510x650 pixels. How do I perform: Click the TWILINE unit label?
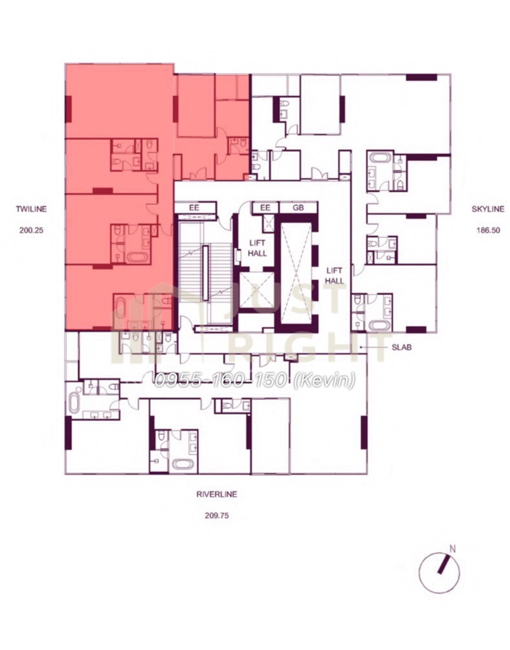[x=31, y=209]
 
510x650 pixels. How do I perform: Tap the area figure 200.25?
[x=31, y=230]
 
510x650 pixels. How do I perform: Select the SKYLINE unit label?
[x=488, y=209]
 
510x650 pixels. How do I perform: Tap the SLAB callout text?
[x=402, y=347]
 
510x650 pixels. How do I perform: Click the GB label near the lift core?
[x=298, y=207]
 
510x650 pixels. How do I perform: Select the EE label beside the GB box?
[x=265, y=207]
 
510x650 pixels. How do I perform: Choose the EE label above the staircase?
[x=194, y=207]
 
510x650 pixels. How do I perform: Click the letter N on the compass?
[x=453, y=549]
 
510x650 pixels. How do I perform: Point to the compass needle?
[x=444, y=564]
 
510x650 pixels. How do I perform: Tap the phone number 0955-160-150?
[x=221, y=380]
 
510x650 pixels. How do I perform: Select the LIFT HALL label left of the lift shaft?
[x=257, y=249]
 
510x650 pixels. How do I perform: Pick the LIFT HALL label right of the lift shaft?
[x=334, y=276]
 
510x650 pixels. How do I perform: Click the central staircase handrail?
[x=205, y=272]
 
